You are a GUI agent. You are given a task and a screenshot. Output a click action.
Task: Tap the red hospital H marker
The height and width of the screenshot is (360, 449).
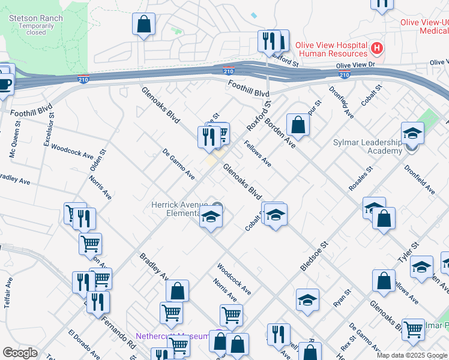click(377, 47)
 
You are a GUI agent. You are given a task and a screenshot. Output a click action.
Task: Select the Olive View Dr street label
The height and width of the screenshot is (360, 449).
click(355, 65)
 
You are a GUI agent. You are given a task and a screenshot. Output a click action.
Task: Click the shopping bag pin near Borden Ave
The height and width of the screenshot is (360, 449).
click(298, 125)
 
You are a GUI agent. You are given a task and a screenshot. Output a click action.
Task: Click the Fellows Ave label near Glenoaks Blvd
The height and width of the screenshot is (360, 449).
click(258, 154)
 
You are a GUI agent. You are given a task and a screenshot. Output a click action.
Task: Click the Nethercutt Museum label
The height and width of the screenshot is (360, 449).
click(172, 336)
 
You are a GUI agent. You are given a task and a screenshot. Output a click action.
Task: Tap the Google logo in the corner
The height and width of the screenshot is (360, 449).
click(20, 353)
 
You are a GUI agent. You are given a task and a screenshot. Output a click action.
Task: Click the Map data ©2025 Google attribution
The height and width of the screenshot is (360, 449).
click(412, 355)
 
